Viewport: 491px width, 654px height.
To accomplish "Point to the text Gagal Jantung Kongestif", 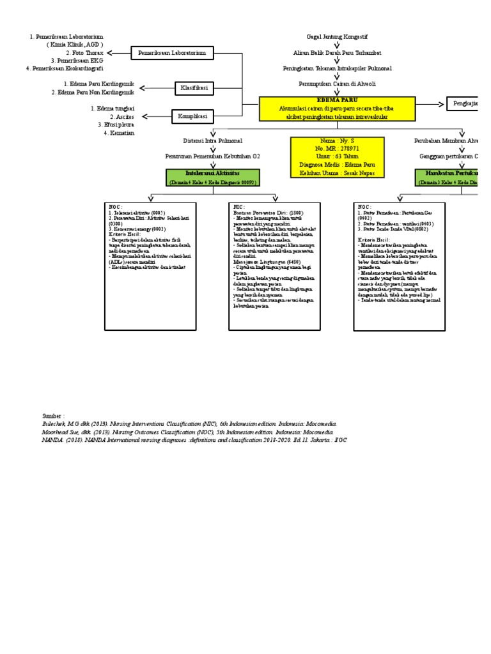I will coord(336,38).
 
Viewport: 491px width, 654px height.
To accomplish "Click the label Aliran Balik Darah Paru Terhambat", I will coord(336,53).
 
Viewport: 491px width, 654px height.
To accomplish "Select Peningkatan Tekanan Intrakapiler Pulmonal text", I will coord(336,68).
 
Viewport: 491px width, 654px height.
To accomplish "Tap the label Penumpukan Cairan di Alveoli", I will coord(336,83).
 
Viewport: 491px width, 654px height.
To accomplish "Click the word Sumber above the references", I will coord(54,415).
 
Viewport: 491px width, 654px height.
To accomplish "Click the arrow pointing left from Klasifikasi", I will coord(157,87).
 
